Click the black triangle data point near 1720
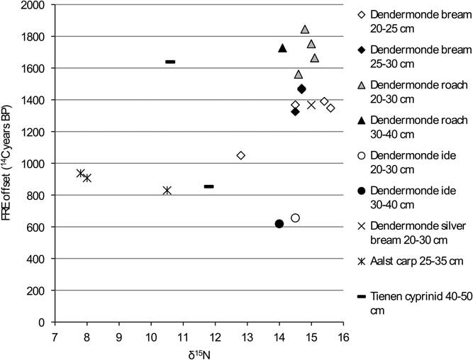coord(282,48)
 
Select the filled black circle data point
coord(279,224)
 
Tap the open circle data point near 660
coord(295,218)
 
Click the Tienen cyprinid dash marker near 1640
coord(170,62)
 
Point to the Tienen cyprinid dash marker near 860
coord(208,186)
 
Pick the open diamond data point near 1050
coord(241,155)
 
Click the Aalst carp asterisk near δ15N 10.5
coord(167,190)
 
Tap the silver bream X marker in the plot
coord(311,105)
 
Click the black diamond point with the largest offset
coord(301,89)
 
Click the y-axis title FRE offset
coord(9,163)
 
